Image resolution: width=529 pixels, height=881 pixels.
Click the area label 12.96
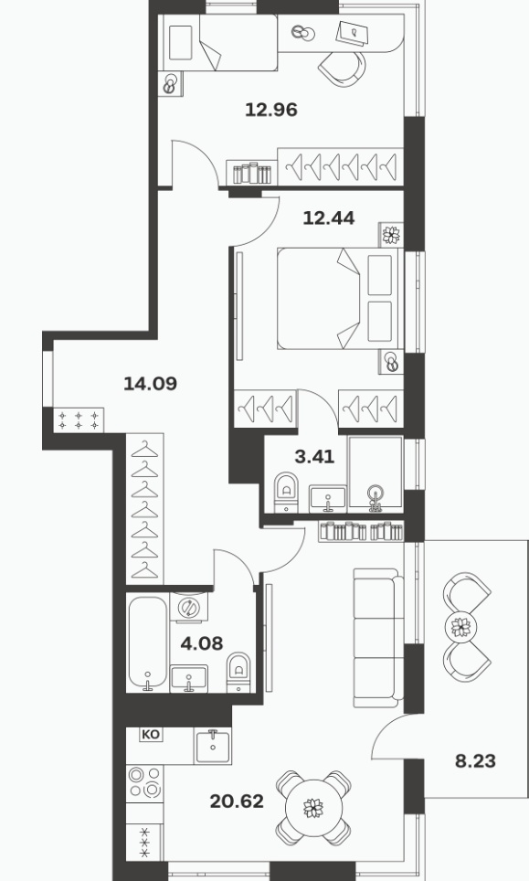271,110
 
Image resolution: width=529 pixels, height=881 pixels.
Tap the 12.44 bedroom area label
329,218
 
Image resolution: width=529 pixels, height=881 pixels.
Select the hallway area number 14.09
150,384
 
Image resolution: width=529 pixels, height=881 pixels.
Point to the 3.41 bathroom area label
314,457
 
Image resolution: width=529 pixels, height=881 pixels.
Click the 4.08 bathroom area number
202,642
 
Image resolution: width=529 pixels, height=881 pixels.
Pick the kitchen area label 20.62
237,801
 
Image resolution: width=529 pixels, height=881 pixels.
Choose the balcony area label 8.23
475,761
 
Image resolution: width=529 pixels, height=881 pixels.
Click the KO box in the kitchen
150,735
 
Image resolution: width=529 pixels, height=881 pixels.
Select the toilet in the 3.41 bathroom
286,492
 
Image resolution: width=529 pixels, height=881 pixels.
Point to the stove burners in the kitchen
144,782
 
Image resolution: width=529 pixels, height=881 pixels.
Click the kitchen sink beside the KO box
213,746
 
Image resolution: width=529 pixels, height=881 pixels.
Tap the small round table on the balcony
460,626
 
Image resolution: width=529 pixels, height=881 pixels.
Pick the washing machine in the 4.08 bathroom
189,607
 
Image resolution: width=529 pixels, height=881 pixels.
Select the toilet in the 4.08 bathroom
238,672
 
